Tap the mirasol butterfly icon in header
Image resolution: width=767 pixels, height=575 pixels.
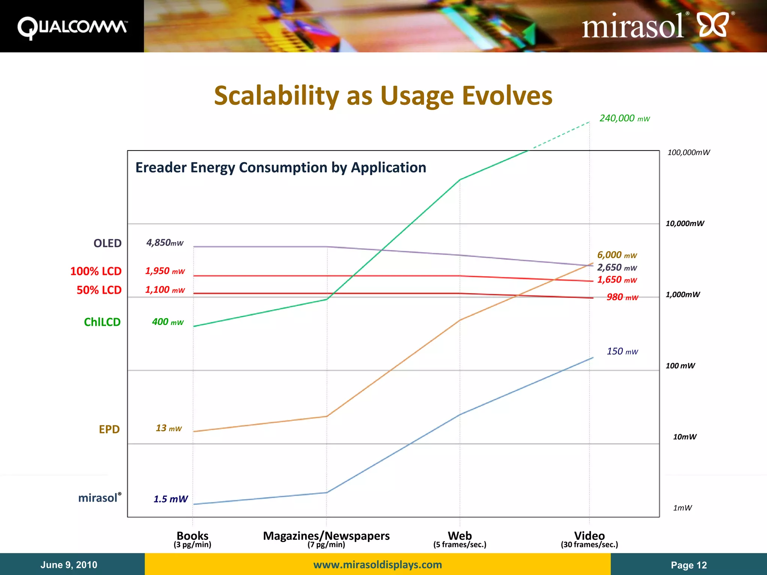pyautogui.click(x=713, y=25)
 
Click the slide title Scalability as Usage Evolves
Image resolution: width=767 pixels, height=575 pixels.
pyautogui.click(x=383, y=95)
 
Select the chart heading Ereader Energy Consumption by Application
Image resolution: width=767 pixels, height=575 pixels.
pyautogui.click(x=281, y=167)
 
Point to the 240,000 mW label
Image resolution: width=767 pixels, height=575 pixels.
pyautogui.click(x=624, y=118)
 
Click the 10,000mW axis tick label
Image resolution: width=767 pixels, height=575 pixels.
pyautogui.click(x=685, y=223)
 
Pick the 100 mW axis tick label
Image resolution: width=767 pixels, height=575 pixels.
pyautogui.click(x=680, y=366)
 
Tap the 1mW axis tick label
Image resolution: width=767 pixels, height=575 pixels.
pyautogui.click(x=682, y=508)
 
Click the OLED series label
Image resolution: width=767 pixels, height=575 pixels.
pyautogui.click(x=107, y=243)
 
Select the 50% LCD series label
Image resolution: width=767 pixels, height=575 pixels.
pyautogui.click(x=99, y=290)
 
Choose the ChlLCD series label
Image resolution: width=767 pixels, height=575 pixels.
pyautogui.click(x=102, y=322)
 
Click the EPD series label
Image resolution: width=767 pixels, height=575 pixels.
pyautogui.click(x=109, y=429)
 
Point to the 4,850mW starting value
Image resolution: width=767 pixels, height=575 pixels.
pyautogui.click(x=165, y=243)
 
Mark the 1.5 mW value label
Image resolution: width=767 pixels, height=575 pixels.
pyautogui.click(x=170, y=499)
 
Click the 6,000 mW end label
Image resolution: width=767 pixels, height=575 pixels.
pyautogui.click(x=617, y=255)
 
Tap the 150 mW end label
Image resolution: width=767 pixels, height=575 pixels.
pyautogui.click(x=622, y=352)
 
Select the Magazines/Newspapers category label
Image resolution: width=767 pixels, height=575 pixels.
pyautogui.click(x=326, y=536)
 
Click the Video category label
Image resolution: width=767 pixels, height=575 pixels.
pyautogui.click(x=589, y=536)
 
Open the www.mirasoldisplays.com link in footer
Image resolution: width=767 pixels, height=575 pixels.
pyautogui.click(x=378, y=565)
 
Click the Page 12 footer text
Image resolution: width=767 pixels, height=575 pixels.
pyautogui.click(x=689, y=565)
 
